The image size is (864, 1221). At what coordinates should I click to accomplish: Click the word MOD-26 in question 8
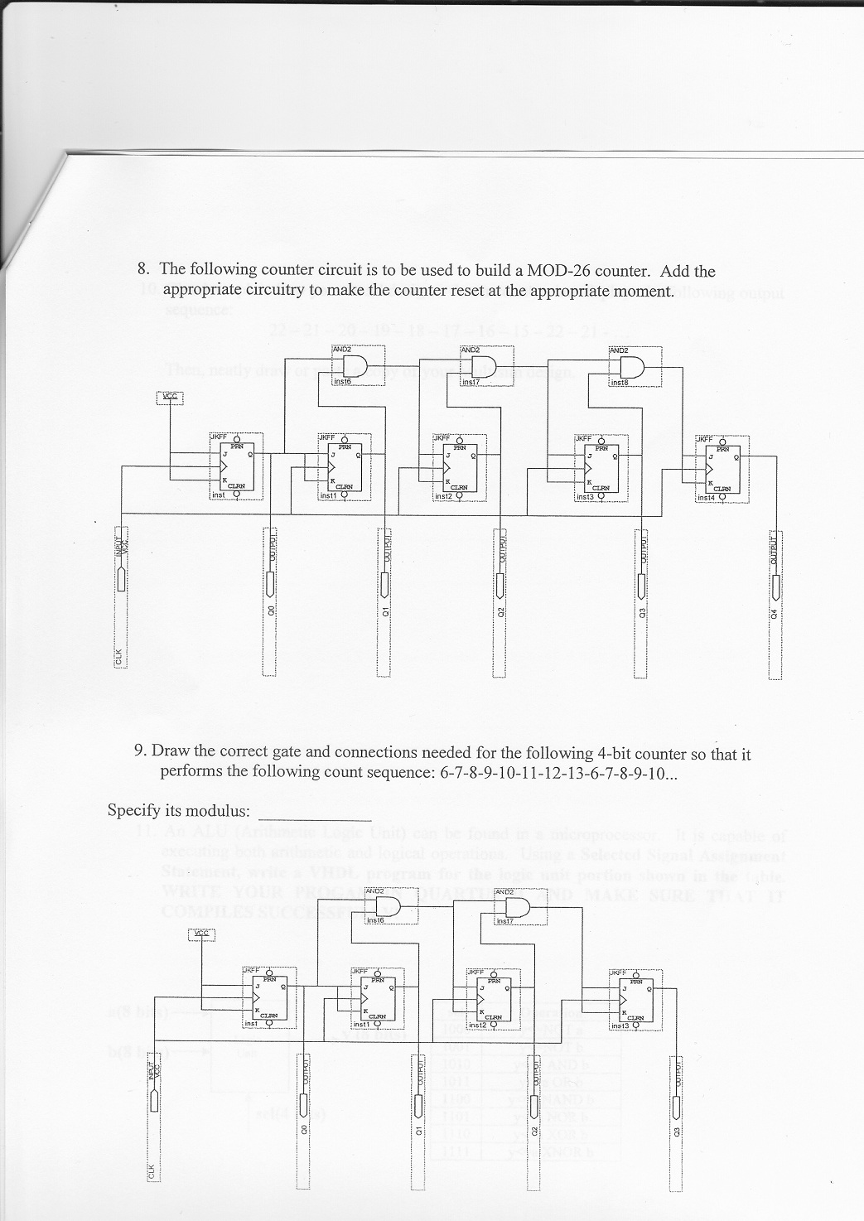click(559, 271)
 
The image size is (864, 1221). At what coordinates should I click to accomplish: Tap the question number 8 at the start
click(143, 269)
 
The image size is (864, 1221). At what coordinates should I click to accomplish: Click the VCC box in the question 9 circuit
click(200, 935)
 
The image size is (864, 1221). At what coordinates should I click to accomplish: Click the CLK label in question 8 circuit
click(118, 660)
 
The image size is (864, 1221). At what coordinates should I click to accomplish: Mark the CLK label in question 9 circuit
click(151, 1173)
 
